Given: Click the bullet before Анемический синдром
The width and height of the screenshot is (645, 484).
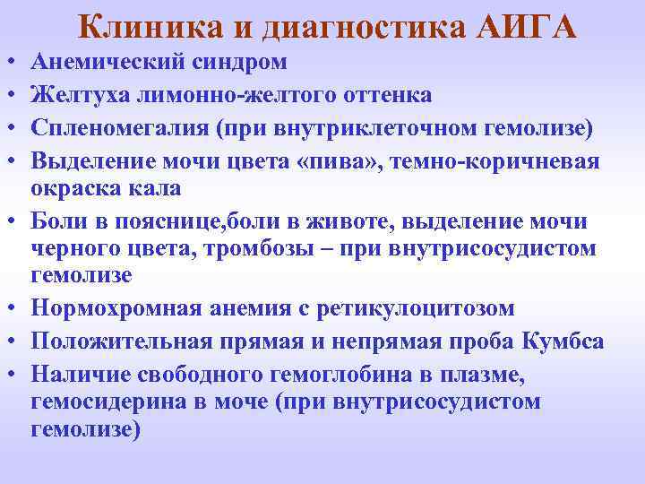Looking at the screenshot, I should [x=7, y=63].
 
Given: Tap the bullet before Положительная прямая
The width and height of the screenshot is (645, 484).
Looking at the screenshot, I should [x=7, y=341].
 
